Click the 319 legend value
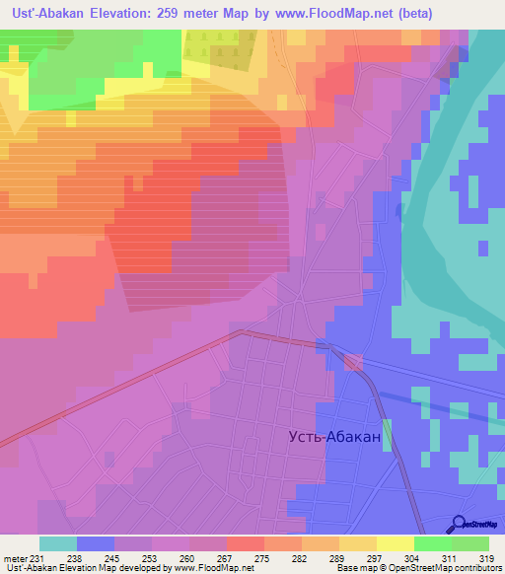(x=486, y=558)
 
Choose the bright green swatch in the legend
(x=432, y=543)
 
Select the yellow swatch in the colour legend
(x=395, y=543)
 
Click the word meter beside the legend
(x=15, y=558)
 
